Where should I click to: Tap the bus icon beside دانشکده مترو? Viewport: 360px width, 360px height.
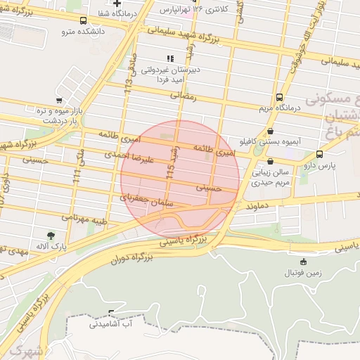point(84,20)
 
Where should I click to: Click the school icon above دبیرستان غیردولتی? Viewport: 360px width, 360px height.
point(169,58)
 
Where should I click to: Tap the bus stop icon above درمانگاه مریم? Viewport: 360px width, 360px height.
point(280,97)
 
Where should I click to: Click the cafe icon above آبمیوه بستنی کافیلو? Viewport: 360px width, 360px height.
point(271,131)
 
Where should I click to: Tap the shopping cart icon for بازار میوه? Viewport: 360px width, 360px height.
point(59,100)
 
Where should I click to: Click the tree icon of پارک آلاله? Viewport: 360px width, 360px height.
point(50,236)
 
